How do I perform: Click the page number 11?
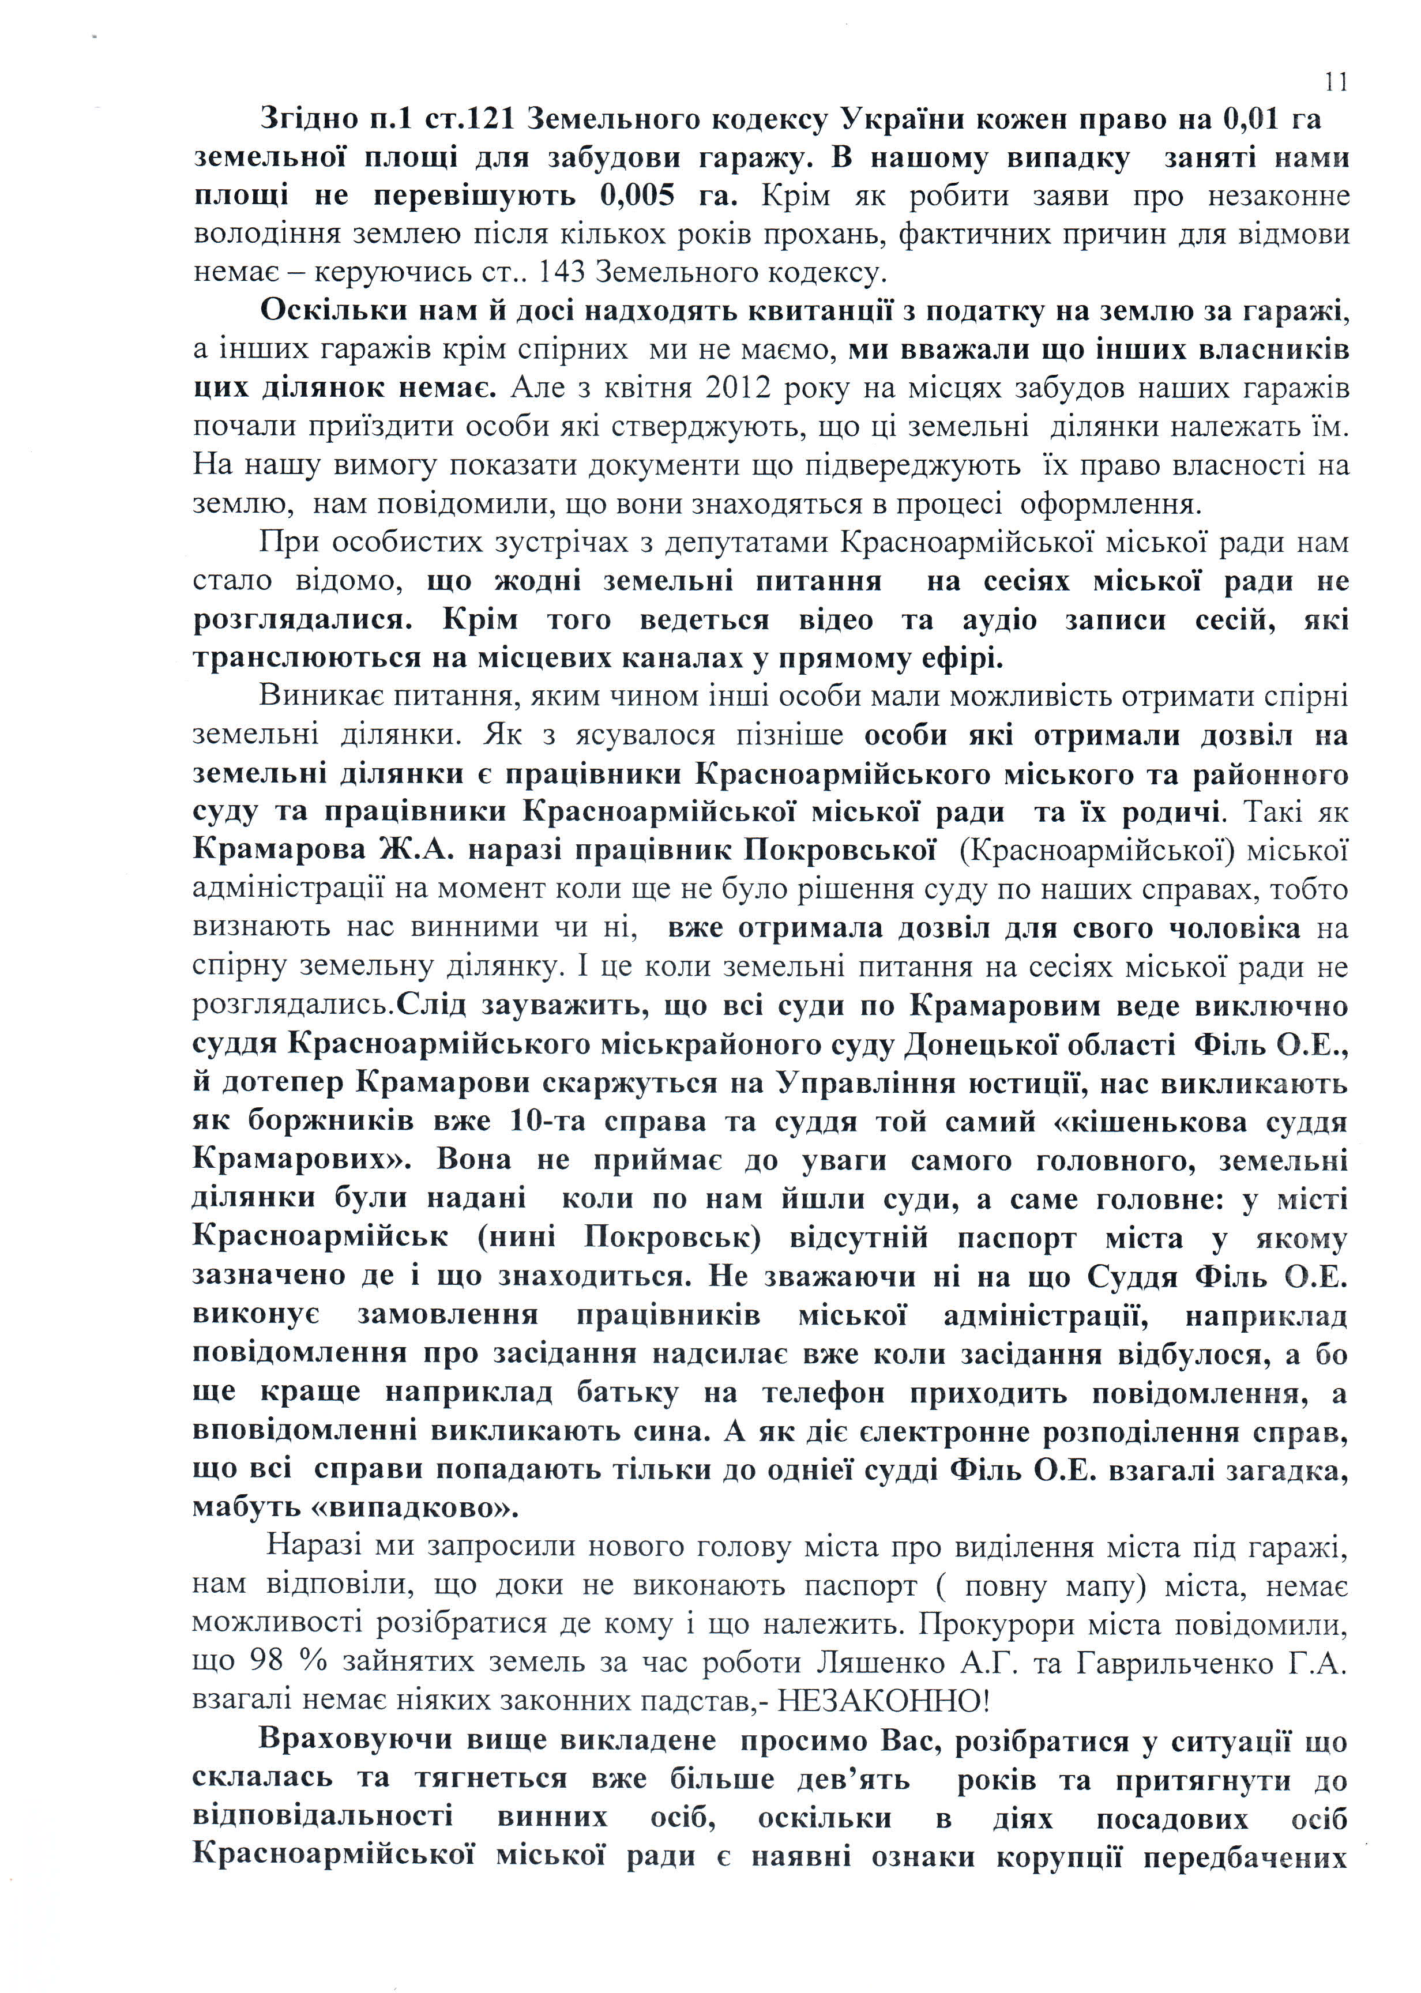click(1335, 82)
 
